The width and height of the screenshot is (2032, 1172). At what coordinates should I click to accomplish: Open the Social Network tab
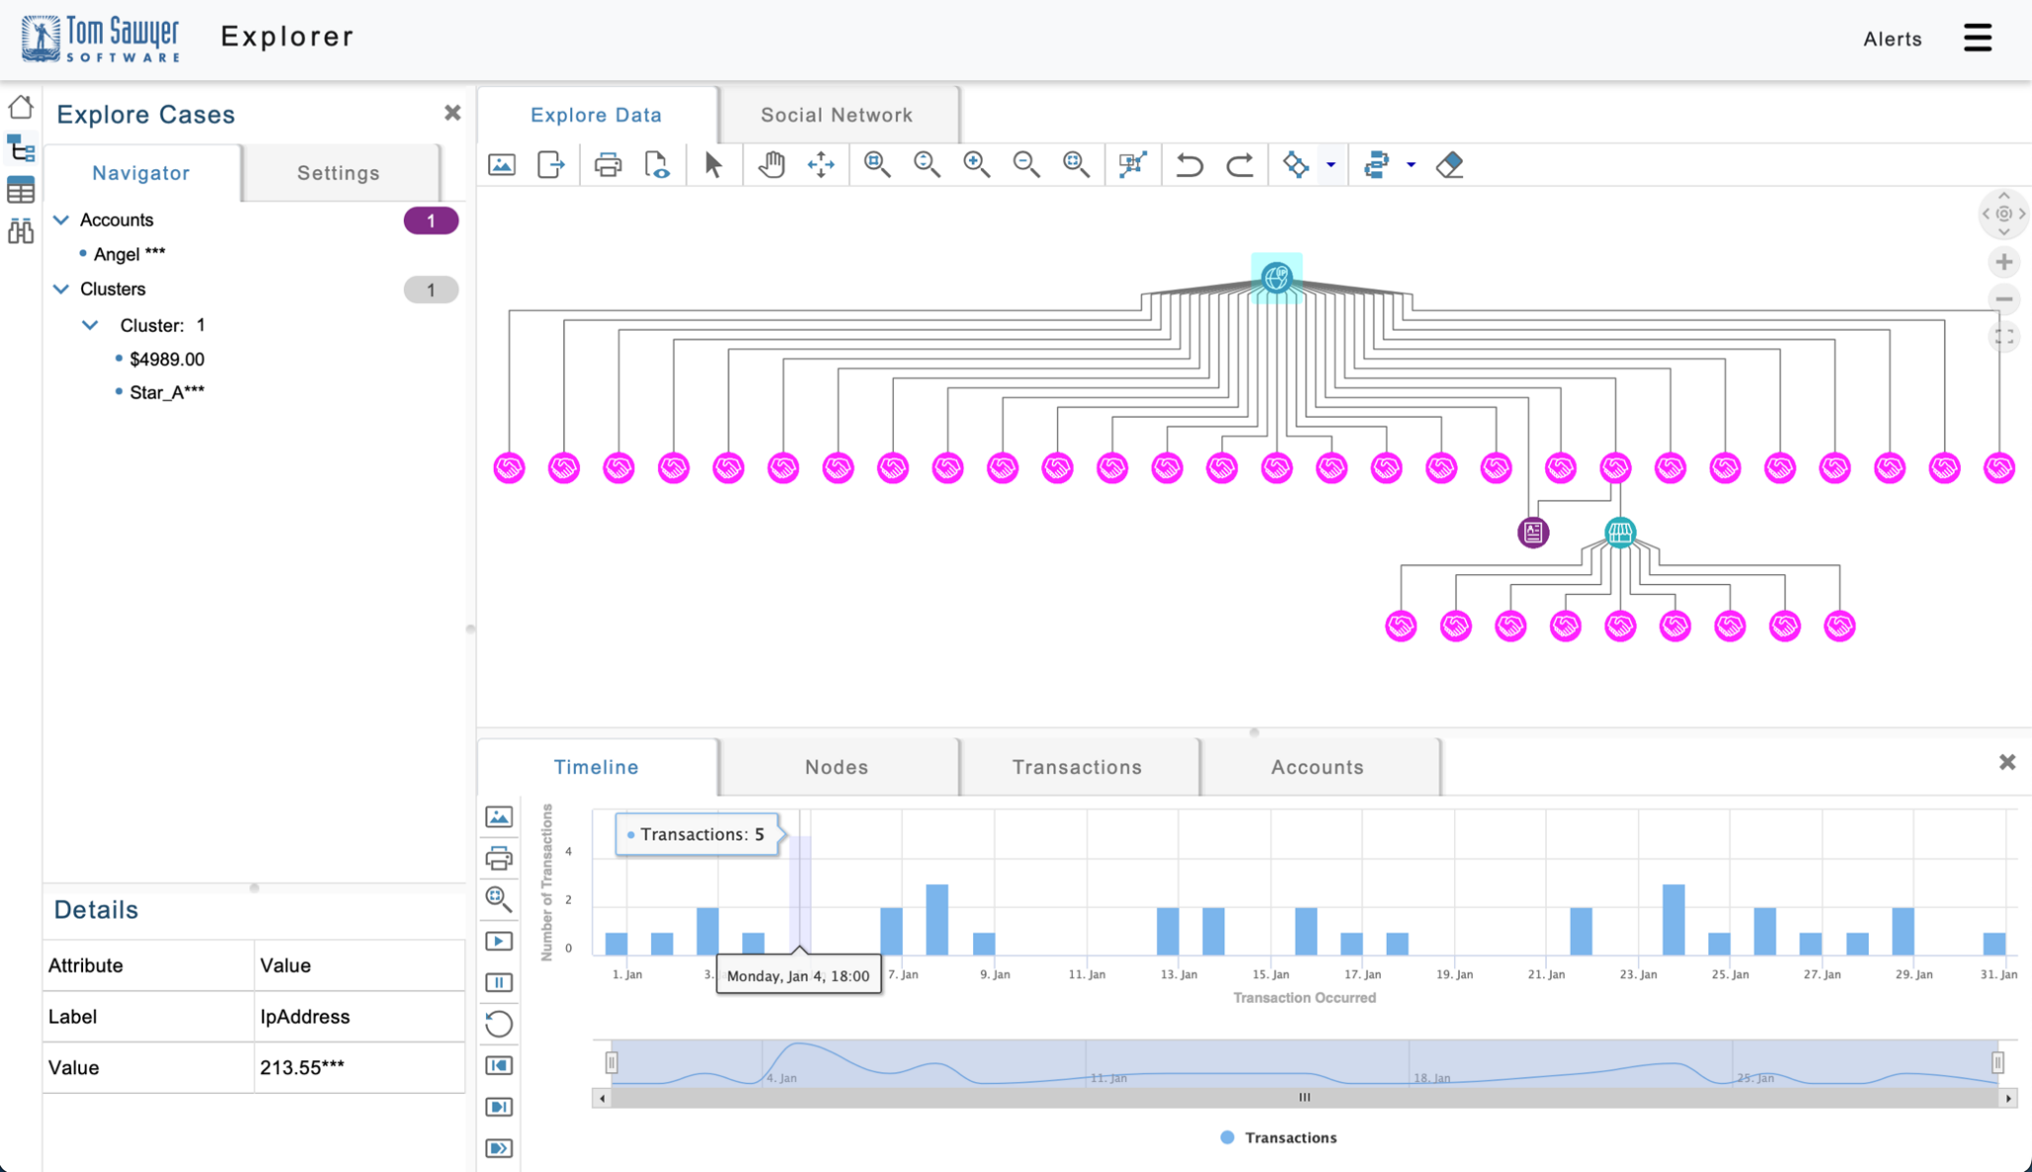[x=836, y=115]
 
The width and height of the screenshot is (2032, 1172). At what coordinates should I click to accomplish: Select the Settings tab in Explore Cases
[x=339, y=173]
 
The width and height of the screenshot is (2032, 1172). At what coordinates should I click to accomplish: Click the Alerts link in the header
[x=1892, y=39]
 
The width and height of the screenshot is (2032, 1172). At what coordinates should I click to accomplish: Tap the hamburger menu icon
[x=1978, y=38]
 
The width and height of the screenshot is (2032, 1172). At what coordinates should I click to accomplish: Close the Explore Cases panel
[x=452, y=113]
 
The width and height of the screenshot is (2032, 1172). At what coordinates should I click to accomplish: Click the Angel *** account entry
[x=129, y=254]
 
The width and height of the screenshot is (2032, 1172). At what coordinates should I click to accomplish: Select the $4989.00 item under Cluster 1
[x=166, y=359]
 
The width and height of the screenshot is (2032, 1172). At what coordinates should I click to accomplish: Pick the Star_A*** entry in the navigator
[x=166, y=393]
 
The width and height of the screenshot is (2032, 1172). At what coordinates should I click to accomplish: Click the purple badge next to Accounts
[x=431, y=221]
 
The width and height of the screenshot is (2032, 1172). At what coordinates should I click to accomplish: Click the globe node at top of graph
[x=1276, y=277]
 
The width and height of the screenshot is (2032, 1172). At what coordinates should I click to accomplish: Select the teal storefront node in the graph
[x=1619, y=533]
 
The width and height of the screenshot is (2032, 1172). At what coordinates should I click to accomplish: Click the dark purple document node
[x=1533, y=533]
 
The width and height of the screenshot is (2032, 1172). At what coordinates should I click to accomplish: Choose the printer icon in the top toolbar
[x=608, y=164]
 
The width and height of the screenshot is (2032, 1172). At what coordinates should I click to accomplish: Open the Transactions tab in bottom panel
[x=1077, y=767]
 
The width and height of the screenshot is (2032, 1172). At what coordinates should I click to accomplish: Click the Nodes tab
[x=836, y=767]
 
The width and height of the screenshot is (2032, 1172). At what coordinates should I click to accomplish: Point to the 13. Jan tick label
[x=1178, y=975]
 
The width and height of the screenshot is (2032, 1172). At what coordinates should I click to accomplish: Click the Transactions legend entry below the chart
[x=1279, y=1138]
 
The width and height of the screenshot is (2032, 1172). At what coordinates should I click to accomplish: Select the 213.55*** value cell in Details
[x=302, y=1068]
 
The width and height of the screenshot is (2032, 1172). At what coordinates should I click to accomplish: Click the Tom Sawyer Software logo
[x=100, y=39]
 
